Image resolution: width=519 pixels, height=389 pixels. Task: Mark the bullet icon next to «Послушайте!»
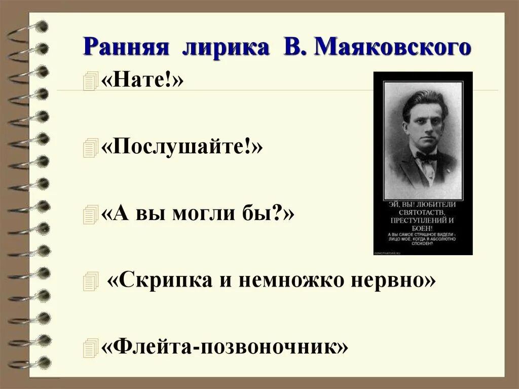point(89,149)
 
